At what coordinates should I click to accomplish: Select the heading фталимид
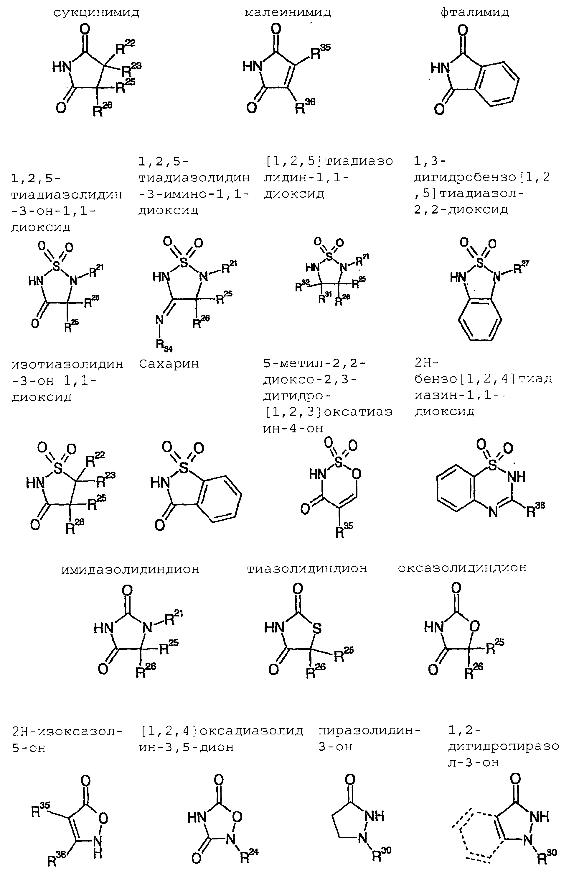(x=475, y=12)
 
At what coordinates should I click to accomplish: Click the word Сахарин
(x=169, y=364)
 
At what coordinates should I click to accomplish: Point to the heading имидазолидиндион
(x=130, y=569)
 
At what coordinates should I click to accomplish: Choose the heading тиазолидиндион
(x=307, y=569)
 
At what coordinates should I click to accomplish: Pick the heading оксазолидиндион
(x=462, y=568)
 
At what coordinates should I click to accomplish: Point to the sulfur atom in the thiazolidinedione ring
(x=316, y=629)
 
